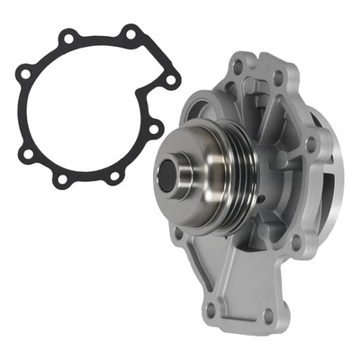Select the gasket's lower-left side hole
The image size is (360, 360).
(x=28, y=154)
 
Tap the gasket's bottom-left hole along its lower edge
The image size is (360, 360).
(x=61, y=180)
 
